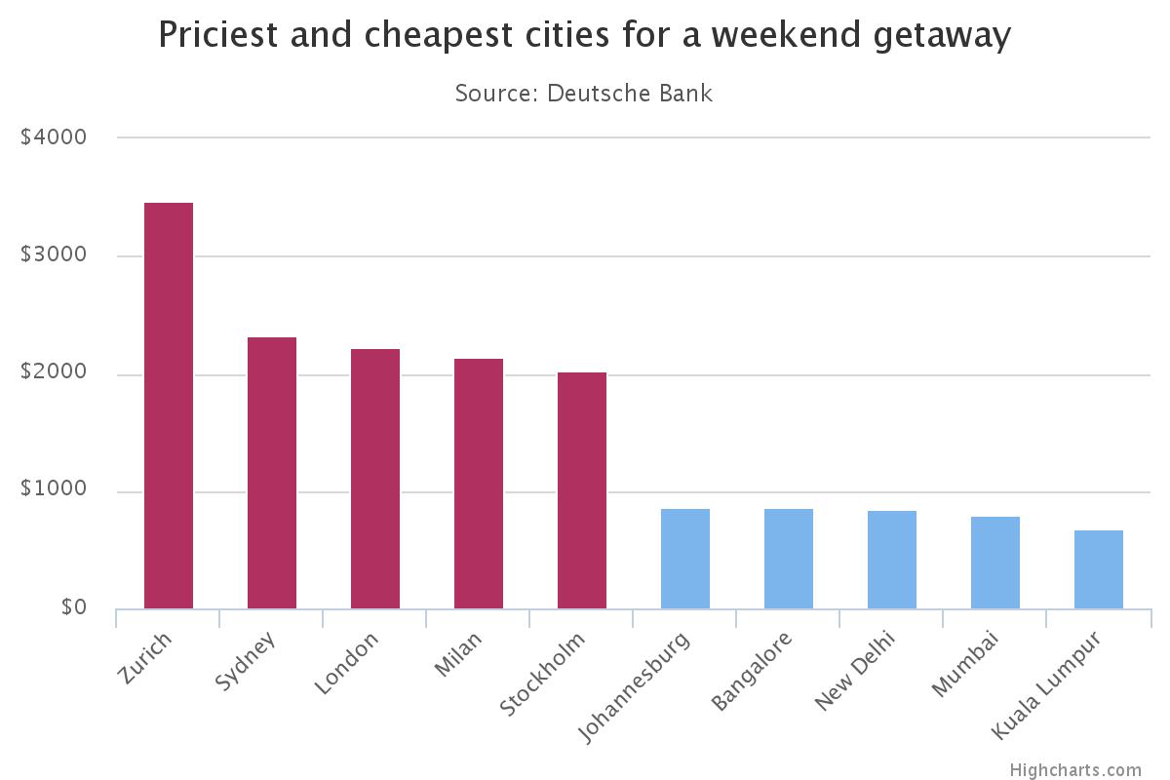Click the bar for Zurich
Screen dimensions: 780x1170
pos(169,406)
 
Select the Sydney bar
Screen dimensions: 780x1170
pos(272,473)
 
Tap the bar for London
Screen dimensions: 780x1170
pos(375,479)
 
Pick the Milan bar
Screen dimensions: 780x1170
pos(479,484)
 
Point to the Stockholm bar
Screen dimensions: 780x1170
pos(582,490)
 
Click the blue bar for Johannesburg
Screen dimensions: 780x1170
pos(685,559)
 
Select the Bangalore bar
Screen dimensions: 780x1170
pos(789,559)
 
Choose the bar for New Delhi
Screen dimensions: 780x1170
pos(892,560)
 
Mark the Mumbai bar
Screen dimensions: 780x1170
pos(995,563)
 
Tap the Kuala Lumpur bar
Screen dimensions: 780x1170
pos(1099,569)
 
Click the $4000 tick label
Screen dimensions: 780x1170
pos(54,137)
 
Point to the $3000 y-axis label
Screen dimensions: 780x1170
pos(54,255)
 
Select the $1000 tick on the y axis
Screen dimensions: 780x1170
pos(54,490)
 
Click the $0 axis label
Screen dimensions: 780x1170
pos(73,607)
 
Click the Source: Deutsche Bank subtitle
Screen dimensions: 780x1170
pos(584,94)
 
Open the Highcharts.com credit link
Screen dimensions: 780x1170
pos(1074,770)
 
